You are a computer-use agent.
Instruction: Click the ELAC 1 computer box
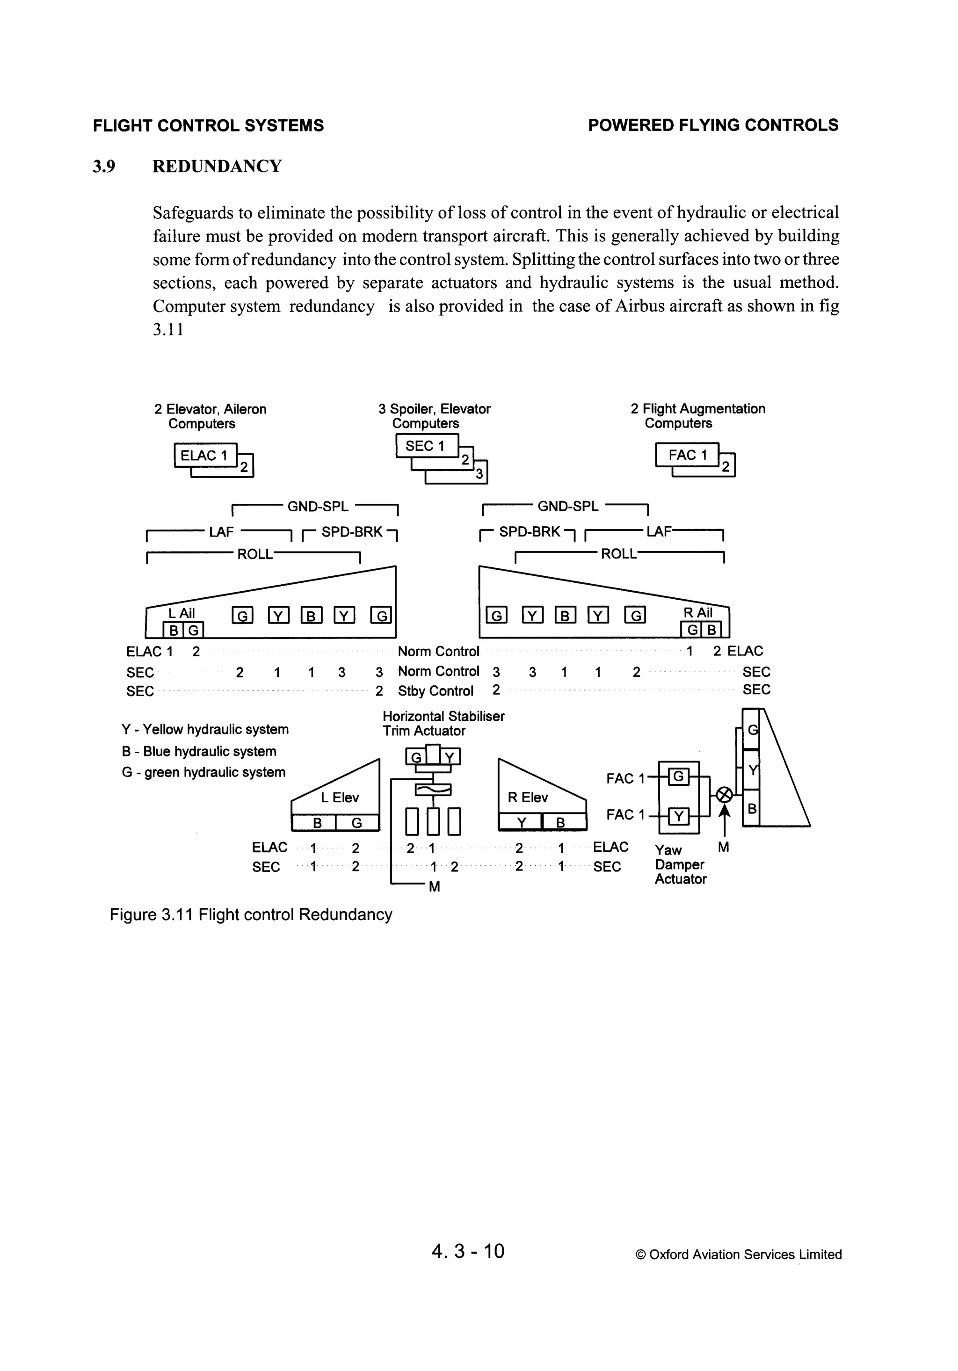tap(205, 456)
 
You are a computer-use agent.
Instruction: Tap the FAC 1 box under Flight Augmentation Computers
tap(687, 455)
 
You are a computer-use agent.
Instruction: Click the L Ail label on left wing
tap(181, 613)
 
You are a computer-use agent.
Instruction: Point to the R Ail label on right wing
tap(697, 613)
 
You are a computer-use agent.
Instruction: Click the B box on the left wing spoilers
tap(311, 615)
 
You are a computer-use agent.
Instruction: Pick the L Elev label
tap(339, 798)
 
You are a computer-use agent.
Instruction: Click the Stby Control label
tap(435, 691)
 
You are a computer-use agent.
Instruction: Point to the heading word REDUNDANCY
tap(217, 166)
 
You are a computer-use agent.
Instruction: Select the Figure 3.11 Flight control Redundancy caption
tap(251, 915)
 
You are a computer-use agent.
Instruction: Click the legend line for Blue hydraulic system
tap(199, 751)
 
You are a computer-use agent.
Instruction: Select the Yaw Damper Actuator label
tap(680, 864)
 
